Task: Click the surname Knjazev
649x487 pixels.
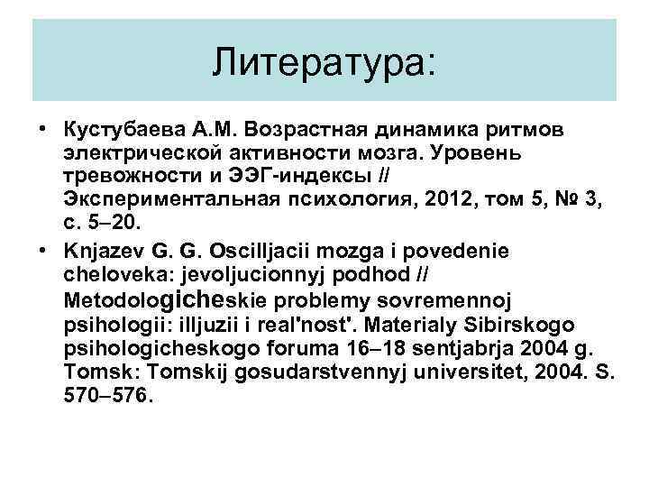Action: [x=103, y=249]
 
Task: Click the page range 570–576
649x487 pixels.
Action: [x=108, y=392]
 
